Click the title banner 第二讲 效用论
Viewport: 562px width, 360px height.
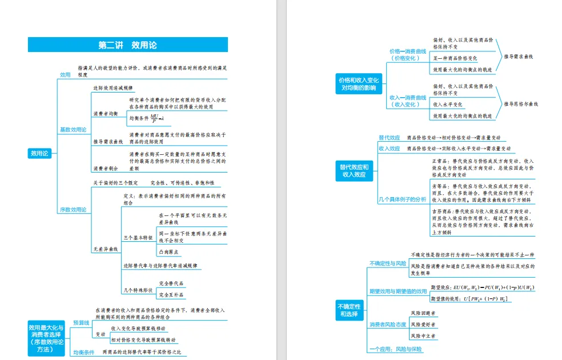[x=127, y=45]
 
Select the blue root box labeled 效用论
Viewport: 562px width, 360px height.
[x=40, y=153]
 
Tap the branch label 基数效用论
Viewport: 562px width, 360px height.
[x=73, y=130]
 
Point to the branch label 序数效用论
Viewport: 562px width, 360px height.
[x=73, y=210]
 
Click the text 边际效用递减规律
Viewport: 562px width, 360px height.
[x=113, y=88]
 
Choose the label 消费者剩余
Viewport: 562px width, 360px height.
[x=105, y=169]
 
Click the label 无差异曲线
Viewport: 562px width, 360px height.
[x=105, y=249]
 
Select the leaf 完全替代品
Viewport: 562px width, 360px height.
[x=171, y=283]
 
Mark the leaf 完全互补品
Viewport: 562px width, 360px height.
[x=171, y=295]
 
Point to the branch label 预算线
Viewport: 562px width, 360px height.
[x=81, y=323]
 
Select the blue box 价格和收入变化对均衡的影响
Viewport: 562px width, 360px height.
[x=359, y=84]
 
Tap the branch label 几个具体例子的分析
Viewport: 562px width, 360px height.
[x=402, y=199]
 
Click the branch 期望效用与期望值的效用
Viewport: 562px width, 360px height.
[x=398, y=291]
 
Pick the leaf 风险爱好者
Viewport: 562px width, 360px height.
[x=423, y=325]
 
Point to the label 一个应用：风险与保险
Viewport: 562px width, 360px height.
[x=395, y=349]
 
